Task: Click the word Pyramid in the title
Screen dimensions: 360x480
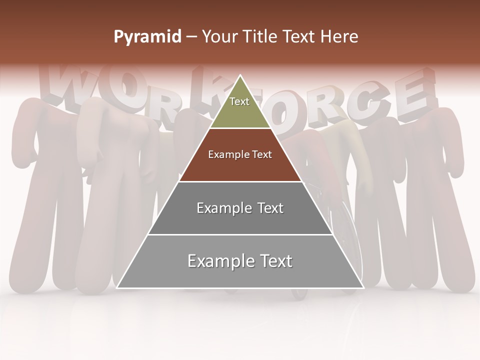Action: pyautogui.click(x=147, y=37)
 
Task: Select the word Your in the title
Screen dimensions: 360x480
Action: pyautogui.click(x=218, y=37)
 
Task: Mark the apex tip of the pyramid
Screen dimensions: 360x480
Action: pyautogui.click(x=240, y=75)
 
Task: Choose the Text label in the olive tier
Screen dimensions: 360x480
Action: pyautogui.click(x=239, y=101)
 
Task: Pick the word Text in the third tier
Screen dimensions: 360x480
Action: pyautogui.click(x=270, y=208)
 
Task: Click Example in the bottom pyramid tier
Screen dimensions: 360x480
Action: pyautogui.click(x=220, y=261)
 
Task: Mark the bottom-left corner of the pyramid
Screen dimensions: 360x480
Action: pyautogui.click(x=117, y=288)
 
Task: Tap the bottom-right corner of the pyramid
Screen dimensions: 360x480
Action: pyautogui.click(x=363, y=288)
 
